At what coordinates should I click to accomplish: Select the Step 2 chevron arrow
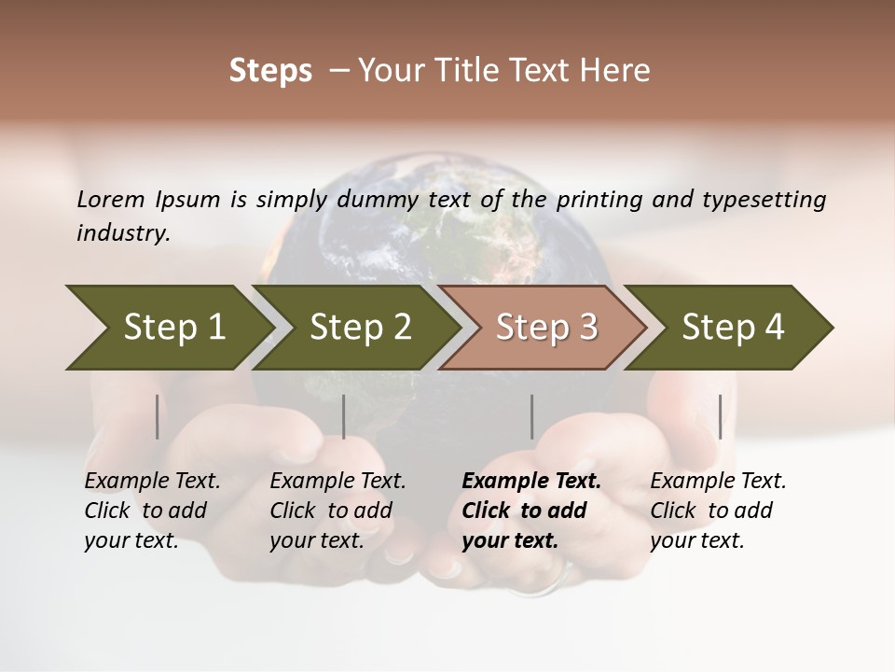click(359, 328)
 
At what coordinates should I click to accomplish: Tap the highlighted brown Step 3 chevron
click(545, 328)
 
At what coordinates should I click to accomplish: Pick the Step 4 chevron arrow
click(732, 328)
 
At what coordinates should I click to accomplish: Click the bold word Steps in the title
click(270, 71)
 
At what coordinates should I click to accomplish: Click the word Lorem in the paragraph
click(111, 199)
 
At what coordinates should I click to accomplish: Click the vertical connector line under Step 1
click(157, 416)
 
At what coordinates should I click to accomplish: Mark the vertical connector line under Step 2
click(344, 416)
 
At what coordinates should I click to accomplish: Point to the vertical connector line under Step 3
click(531, 416)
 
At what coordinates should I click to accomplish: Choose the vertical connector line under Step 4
click(720, 416)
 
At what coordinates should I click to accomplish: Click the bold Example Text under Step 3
click(531, 482)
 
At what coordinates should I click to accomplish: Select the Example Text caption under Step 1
click(152, 482)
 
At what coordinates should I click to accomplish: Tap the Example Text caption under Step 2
click(337, 482)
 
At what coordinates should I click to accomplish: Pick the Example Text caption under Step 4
click(718, 482)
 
